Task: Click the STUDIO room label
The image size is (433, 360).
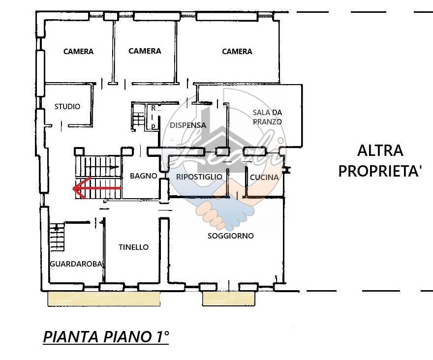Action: click(67, 107)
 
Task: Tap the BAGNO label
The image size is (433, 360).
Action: click(143, 176)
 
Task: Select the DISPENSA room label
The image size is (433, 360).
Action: click(188, 125)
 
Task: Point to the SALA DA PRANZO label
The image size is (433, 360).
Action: click(267, 117)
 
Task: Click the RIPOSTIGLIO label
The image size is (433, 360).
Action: click(199, 177)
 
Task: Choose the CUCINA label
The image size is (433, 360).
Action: click(264, 177)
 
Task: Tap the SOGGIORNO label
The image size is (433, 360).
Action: click(231, 236)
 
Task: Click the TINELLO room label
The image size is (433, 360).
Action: click(133, 247)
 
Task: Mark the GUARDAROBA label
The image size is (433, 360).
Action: click(77, 264)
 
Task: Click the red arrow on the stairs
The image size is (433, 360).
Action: click(96, 188)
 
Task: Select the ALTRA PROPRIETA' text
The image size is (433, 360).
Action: click(380, 160)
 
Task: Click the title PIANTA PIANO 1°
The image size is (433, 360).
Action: click(106, 337)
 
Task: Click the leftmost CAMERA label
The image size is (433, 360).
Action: click(78, 52)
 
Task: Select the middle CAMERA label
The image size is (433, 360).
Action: click(145, 51)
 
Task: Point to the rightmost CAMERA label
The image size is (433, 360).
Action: click(237, 52)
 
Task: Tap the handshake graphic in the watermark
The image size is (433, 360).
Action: click(224, 211)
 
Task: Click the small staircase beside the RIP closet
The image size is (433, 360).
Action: click(138, 118)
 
